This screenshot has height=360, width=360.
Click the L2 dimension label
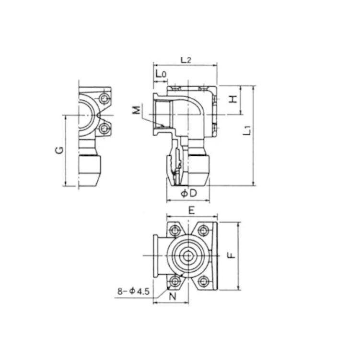(x=186, y=60)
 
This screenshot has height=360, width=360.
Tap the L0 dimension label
(x=161, y=74)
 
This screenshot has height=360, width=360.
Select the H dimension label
(x=233, y=99)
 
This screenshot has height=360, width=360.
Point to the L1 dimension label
(x=247, y=130)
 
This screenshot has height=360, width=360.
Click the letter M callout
(x=137, y=110)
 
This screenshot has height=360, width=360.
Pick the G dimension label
(x=59, y=150)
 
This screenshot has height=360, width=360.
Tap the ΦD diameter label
(x=189, y=194)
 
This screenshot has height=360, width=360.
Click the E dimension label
(x=192, y=210)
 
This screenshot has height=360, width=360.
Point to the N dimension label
(x=173, y=296)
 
